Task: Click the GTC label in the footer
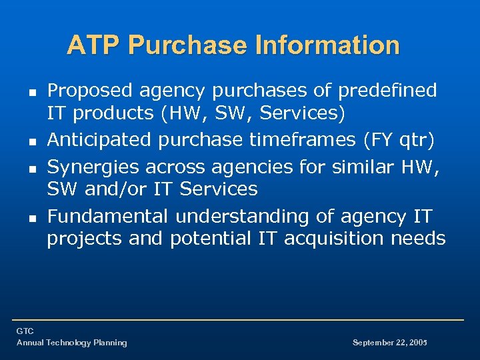(x=25, y=331)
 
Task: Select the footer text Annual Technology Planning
(x=71, y=343)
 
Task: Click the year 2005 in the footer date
(x=417, y=343)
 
